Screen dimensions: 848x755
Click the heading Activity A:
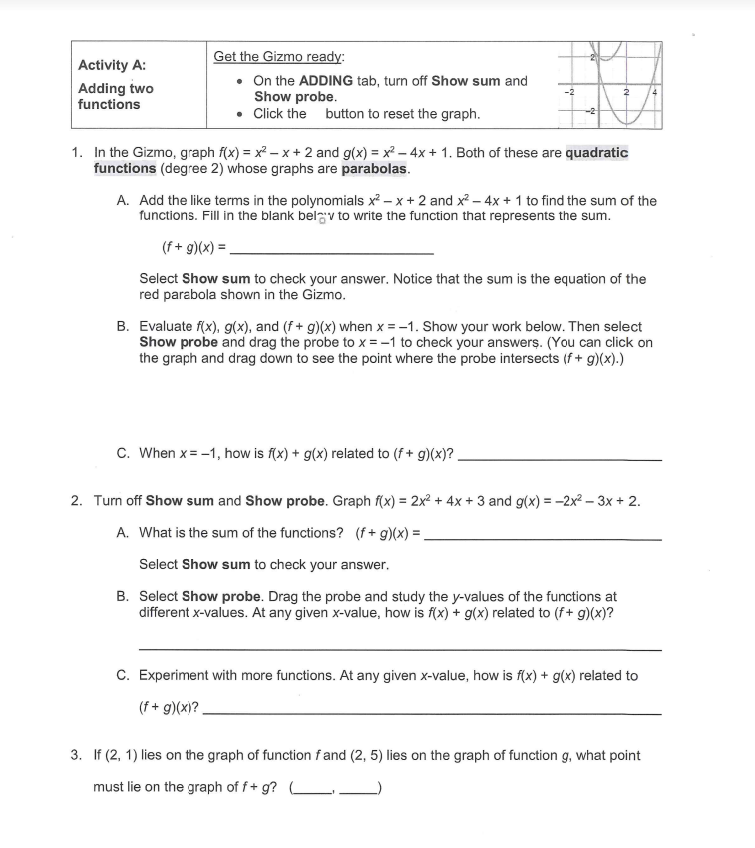tap(112, 65)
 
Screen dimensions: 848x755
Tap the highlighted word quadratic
tap(596, 153)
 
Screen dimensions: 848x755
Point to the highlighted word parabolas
tap(375, 168)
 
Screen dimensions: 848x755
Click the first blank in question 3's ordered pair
tap(313, 788)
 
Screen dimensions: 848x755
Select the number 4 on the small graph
tap(655, 92)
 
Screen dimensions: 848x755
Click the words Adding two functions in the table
tap(115, 96)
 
